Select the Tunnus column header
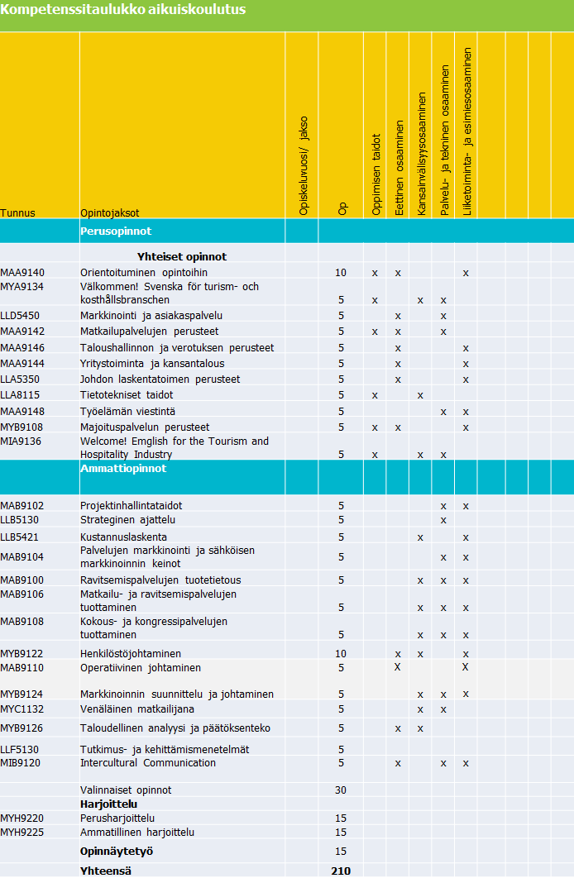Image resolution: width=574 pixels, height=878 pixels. pyautogui.click(x=18, y=212)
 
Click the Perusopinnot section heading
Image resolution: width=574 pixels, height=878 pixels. pyautogui.click(x=116, y=231)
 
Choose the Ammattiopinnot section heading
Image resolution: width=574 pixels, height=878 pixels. pyautogui.click(x=123, y=469)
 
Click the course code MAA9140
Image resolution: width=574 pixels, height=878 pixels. pyautogui.click(x=22, y=272)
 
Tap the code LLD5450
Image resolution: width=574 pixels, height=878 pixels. pyautogui.click(x=20, y=315)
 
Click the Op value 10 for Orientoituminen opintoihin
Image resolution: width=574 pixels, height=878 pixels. pyautogui.click(x=341, y=273)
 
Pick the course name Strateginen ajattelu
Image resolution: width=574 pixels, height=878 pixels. pyautogui.click(x=127, y=520)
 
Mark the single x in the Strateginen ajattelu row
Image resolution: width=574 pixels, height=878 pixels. pyautogui.click(x=443, y=521)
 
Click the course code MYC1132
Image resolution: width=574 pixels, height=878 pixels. pyautogui.click(x=22, y=709)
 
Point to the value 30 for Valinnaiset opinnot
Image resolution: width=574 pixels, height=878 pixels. pyautogui.click(x=341, y=790)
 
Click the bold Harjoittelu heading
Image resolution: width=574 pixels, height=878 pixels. pyautogui.click(x=108, y=804)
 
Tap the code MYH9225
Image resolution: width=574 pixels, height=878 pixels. pyautogui.click(x=22, y=832)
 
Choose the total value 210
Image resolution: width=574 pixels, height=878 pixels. pyautogui.click(x=341, y=871)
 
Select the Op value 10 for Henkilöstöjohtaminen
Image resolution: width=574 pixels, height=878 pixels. pyautogui.click(x=341, y=654)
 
